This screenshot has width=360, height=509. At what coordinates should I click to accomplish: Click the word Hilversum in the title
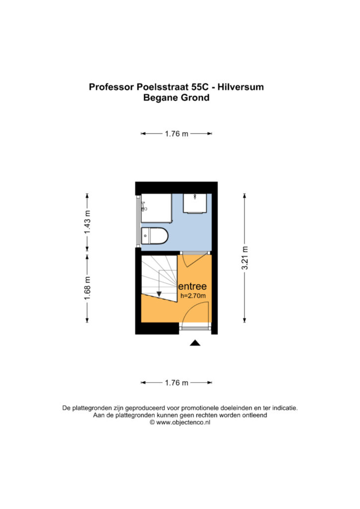(241, 87)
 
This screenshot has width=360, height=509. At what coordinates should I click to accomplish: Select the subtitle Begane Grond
(176, 98)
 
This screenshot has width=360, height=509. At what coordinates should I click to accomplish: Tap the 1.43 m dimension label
(88, 222)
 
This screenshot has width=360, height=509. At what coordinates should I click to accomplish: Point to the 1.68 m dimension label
(88, 288)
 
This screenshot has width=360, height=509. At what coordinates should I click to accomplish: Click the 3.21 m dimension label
(245, 258)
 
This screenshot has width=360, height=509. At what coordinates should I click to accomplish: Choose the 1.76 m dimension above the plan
(177, 133)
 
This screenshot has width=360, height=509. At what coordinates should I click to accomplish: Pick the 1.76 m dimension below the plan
(177, 383)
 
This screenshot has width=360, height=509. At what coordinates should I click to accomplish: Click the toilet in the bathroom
(155, 236)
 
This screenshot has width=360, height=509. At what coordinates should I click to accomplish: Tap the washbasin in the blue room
(195, 203)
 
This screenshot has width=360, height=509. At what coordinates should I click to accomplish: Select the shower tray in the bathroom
(157, 208)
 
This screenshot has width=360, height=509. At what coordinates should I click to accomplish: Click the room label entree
(192, 286)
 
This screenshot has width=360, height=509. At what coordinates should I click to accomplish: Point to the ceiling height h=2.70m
(193, 296)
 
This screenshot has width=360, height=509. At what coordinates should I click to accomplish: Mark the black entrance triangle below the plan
(195, 343)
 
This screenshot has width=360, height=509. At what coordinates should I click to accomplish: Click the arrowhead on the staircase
(159, 294)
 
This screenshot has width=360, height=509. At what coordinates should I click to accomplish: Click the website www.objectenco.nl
(183, 423)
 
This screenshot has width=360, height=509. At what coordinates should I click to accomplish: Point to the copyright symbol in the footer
(152, 423)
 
